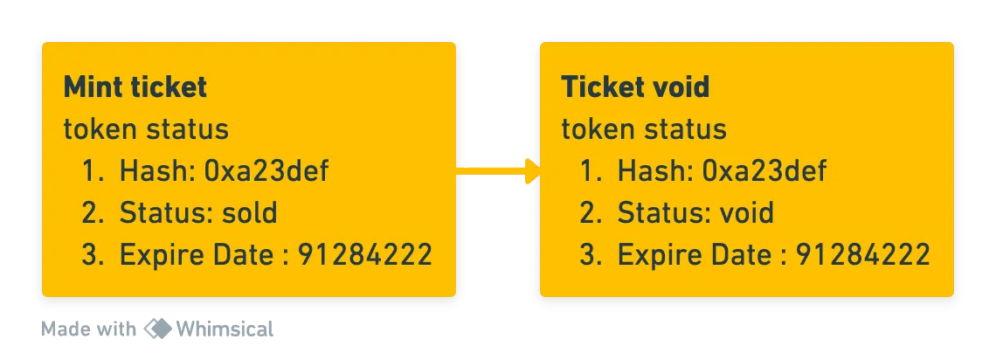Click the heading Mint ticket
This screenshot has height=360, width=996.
coord(135,87)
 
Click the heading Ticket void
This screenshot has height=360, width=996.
coord(635,87)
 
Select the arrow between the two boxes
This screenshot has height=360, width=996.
coord(498,170)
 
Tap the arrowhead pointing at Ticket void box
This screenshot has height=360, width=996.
coord(532,170)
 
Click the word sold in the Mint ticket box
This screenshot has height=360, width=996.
coord(250,212)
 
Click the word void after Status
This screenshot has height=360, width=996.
coord(747,212)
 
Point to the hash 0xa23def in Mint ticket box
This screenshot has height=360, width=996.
coord(266,170)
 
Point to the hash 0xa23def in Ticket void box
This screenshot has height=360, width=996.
coord(764,170)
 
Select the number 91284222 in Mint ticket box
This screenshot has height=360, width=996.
coord(365,255)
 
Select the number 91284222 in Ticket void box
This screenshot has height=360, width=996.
coord(863,255)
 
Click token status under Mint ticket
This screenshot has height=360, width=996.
coord(146,129)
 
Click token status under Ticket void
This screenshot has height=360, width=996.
coord(644,129)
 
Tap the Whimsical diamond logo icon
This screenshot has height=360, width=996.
coord(157,329)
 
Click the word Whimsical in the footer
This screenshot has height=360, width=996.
coord(225,329)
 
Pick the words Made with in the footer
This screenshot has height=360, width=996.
coord(89,329)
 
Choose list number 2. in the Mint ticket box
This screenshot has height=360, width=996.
coord(93,213)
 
